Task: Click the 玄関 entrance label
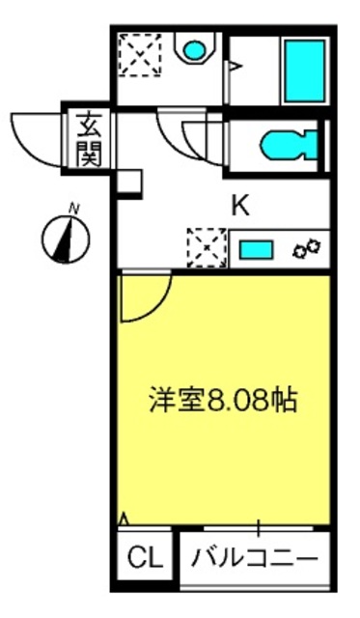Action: click(x=89, y=139)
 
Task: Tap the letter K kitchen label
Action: click(x=240, y=206)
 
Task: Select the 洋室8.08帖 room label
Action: click(x=223, y=401)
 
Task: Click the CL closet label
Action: click(x=145, y=557)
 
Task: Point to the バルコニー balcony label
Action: click(x=255, y=557)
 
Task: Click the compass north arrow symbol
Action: click(x=66, y=239)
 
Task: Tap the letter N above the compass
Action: click(x=73, y=209)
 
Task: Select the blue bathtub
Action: click(x=305, y=70)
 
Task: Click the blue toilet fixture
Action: click(x=289, y=145)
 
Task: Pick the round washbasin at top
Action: click(x=195, y=50)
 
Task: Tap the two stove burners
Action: click(x=306, y=249)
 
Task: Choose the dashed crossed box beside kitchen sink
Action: click(x=207, y=248)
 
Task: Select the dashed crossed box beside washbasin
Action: click(x=140, y=54)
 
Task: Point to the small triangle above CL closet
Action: click(x=124, y=519)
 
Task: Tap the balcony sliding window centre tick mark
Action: click(x=259, y=528)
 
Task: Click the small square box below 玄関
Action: click(x=129, y=182)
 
